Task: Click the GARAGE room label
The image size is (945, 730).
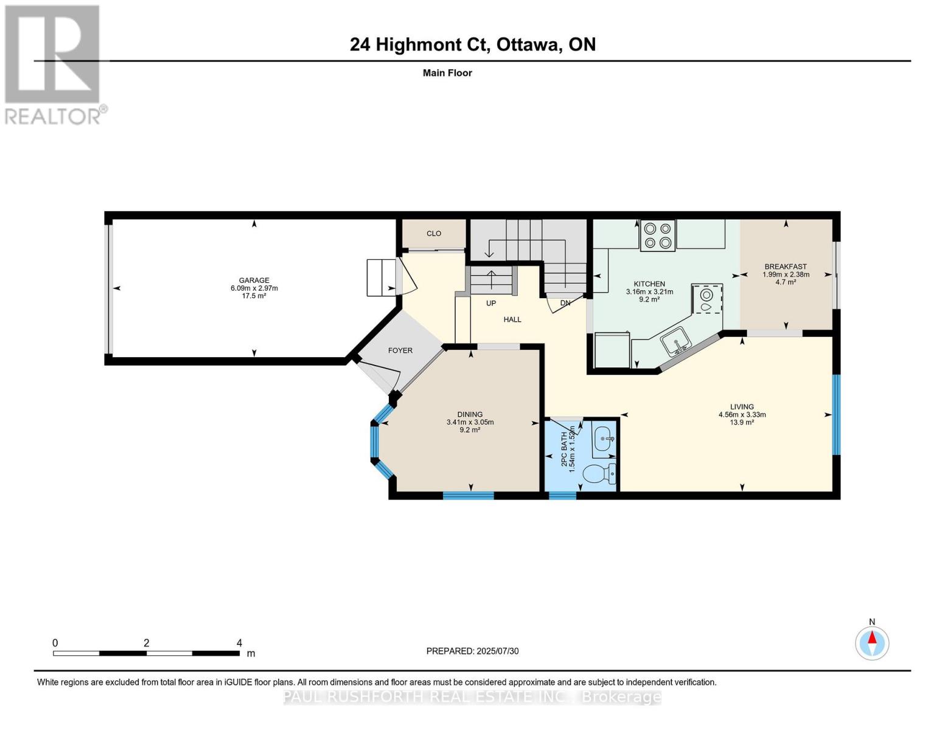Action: click(254, 280)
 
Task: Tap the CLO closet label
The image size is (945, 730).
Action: click(433, 234)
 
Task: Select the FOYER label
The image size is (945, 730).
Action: click(400, 350)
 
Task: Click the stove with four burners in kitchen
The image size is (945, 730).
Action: click(658, 235)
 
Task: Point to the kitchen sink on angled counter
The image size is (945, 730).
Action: click(675, 341)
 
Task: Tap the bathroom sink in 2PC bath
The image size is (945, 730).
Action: click(604, 438)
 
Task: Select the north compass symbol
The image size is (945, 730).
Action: click(872, 642)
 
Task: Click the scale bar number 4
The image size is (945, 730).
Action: click(239, 643)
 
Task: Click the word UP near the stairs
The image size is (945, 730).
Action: click(491, 303)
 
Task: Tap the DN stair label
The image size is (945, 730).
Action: click(565, 303)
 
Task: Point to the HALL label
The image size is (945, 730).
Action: click(512, 319)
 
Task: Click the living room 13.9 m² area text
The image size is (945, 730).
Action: click(742, 422)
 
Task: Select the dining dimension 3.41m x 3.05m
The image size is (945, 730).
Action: click(470, 422)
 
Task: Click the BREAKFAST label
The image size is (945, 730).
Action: click(786, 266)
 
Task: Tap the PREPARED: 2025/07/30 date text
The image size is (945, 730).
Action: click(472, 651)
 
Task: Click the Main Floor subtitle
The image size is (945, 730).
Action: click(447, 73)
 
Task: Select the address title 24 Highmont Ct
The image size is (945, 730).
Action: click(420, 44)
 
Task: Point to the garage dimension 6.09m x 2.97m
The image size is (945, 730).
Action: click(254, 288)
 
